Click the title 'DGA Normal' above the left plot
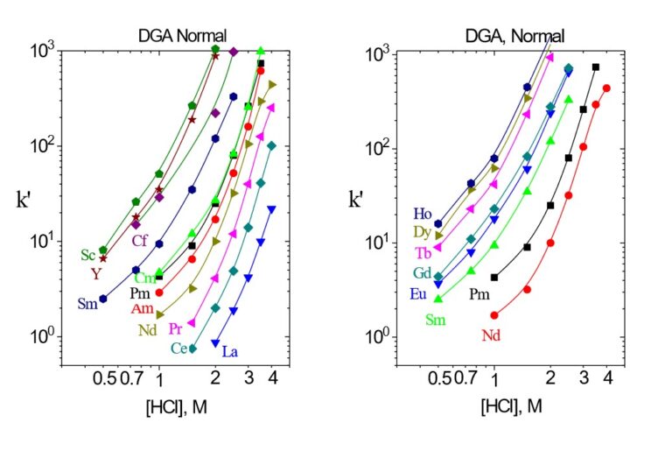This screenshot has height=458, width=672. (x=183, y=36)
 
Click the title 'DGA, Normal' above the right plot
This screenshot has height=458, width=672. (x=514, y=36)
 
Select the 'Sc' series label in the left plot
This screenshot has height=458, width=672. (x=87, y=255)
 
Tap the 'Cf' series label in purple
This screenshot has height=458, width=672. (x=139, y=241)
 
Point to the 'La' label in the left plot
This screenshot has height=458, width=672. (x=230, y=351)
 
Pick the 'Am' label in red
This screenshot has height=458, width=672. (x=143, y=309)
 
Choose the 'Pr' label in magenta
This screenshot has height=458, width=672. (x=176, y=329)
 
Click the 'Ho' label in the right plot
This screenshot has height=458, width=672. (x=423, y=214)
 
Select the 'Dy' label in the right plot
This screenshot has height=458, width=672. (x=423, y=233)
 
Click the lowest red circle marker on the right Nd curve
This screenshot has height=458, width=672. (x=494, y=315)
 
